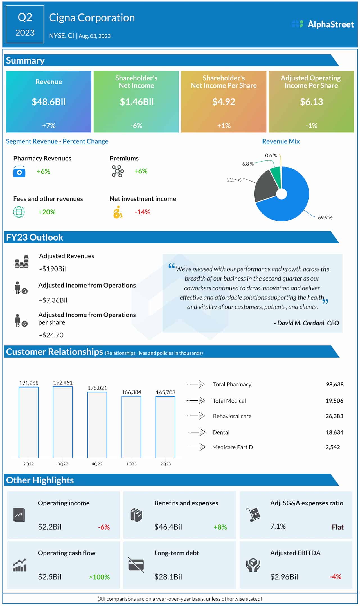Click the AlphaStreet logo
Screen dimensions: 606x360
point(323,24)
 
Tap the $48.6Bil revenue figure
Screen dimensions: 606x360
point(49,102)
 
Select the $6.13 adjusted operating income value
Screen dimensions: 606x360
point(311,102)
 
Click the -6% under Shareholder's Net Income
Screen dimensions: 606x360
point(136,126)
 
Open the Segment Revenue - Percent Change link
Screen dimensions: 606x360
point(57,141)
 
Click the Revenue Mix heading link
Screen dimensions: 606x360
point(281,141)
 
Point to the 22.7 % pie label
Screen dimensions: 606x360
point(234,180)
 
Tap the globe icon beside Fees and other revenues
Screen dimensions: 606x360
point(19,212)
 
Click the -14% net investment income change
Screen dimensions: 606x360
point(142,212)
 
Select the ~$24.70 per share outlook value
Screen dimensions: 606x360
point(51,335)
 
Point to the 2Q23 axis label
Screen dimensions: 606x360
point(165,464)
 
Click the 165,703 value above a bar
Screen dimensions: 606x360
point(165,392)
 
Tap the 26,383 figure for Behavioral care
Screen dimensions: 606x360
point(334,416)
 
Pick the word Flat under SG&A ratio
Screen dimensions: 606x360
point(337,527)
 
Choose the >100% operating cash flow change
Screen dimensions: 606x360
point(99,577)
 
